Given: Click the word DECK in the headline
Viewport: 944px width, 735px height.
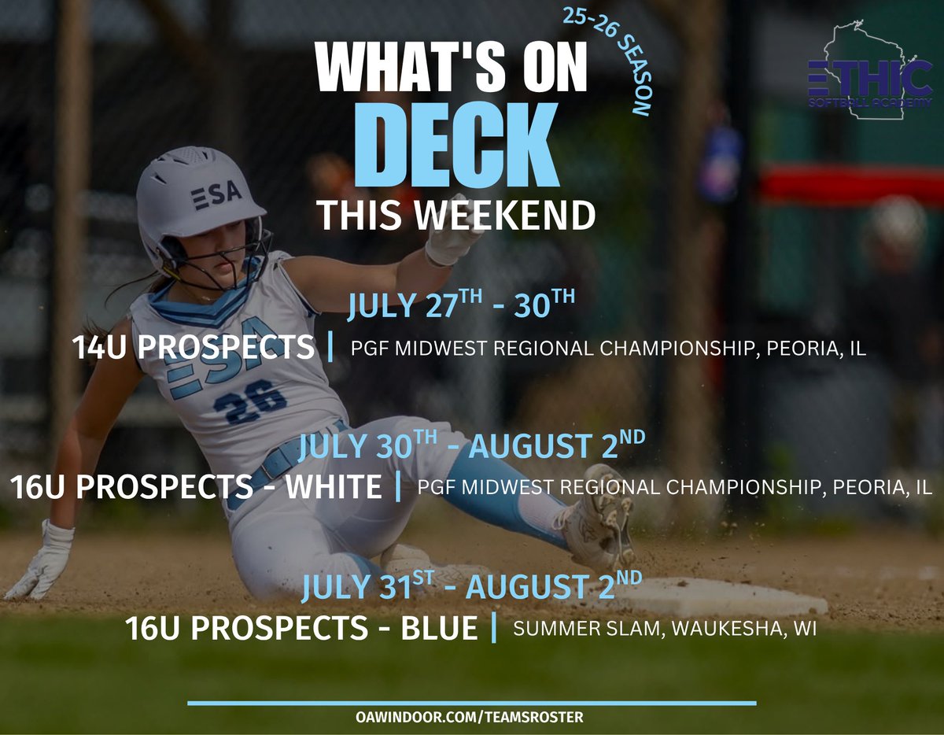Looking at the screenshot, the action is tap(456, 144).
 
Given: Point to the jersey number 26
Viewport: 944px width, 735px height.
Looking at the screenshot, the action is tap(250, 402).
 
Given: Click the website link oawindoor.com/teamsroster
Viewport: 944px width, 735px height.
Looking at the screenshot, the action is tap(469, 717).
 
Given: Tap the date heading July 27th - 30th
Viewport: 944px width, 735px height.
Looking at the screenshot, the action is tap(461, 305).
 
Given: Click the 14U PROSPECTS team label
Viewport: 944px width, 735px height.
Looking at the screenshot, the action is tap(193, 348).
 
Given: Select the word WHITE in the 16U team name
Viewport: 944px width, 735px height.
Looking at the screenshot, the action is tap(334, 487).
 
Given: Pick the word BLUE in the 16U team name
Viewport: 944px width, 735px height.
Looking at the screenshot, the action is tap(439, 628).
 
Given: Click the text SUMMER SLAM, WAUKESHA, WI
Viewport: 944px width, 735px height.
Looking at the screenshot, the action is tap(665, 629).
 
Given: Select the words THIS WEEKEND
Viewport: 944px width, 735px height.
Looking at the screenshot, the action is tap(456, 215).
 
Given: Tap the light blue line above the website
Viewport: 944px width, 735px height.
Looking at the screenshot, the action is tap(472, 703).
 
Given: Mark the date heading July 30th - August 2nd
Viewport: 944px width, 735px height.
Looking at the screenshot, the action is tap(471, 445).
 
